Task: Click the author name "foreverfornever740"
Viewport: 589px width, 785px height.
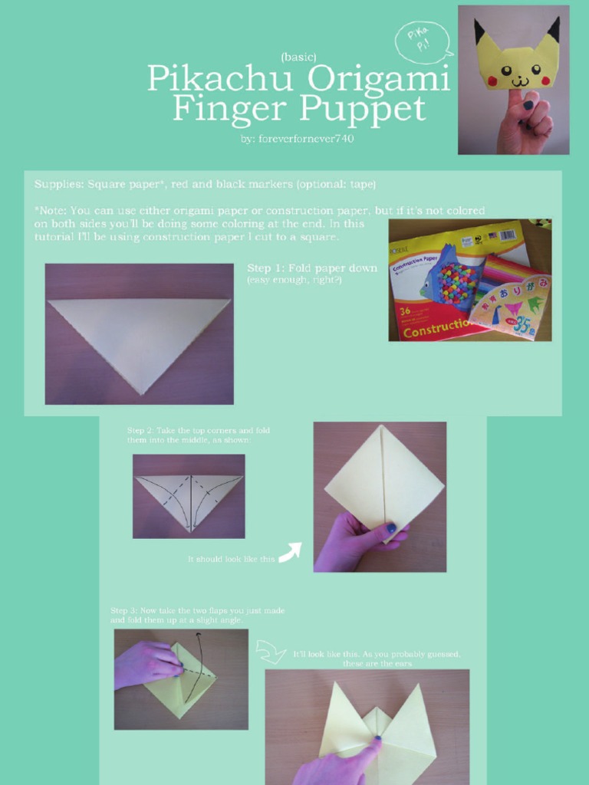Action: pos(297,140)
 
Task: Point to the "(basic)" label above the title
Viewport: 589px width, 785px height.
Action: pos(298,56)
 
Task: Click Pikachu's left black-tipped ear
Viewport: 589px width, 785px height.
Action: pos(481,32)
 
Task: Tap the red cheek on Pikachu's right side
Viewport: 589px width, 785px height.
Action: pos(546,79)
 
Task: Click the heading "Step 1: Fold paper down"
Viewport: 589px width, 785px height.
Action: pos(312,268)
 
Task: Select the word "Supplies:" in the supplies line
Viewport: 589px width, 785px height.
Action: pos(59,185)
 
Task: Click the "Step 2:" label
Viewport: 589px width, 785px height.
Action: pos(140,431)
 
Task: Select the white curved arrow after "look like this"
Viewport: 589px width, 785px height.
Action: pos(289,553)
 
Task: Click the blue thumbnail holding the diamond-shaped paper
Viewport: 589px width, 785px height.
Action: pos(390,528)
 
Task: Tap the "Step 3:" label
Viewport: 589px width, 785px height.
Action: pos(123,610)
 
